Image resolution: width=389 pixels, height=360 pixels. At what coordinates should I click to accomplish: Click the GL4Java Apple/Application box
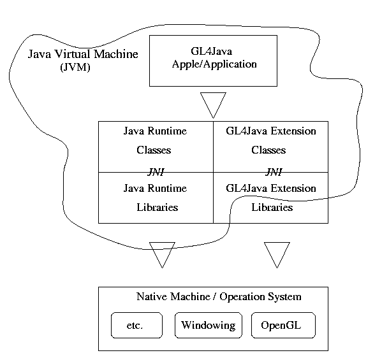click(213, 61)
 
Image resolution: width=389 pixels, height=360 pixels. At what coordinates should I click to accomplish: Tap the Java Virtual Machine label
click(83, 54)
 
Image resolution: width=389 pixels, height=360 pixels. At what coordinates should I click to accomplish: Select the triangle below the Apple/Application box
click(213, 103)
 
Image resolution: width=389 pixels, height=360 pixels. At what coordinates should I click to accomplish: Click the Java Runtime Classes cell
click(155, 141)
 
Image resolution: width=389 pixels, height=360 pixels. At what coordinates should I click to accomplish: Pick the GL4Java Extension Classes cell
click(271, 141)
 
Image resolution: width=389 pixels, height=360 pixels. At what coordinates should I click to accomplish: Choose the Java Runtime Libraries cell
click(155, 198)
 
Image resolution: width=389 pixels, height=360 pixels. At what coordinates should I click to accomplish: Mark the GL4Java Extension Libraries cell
click(271, 198)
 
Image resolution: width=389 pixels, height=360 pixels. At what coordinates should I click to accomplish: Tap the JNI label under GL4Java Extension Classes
click(273, 171)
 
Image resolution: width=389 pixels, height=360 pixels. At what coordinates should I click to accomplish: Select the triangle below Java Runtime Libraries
click(161, 253)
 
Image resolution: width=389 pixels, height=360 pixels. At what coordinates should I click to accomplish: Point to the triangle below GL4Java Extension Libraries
click(277, 253)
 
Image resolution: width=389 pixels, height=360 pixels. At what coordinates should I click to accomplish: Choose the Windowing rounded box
click(209, 326)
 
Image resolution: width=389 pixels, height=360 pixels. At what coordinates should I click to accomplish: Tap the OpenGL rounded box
click(283, 326)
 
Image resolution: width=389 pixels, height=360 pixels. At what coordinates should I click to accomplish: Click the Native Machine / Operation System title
click(219, 297)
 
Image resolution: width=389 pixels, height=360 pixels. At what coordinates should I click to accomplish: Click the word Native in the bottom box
click(152, 297)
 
